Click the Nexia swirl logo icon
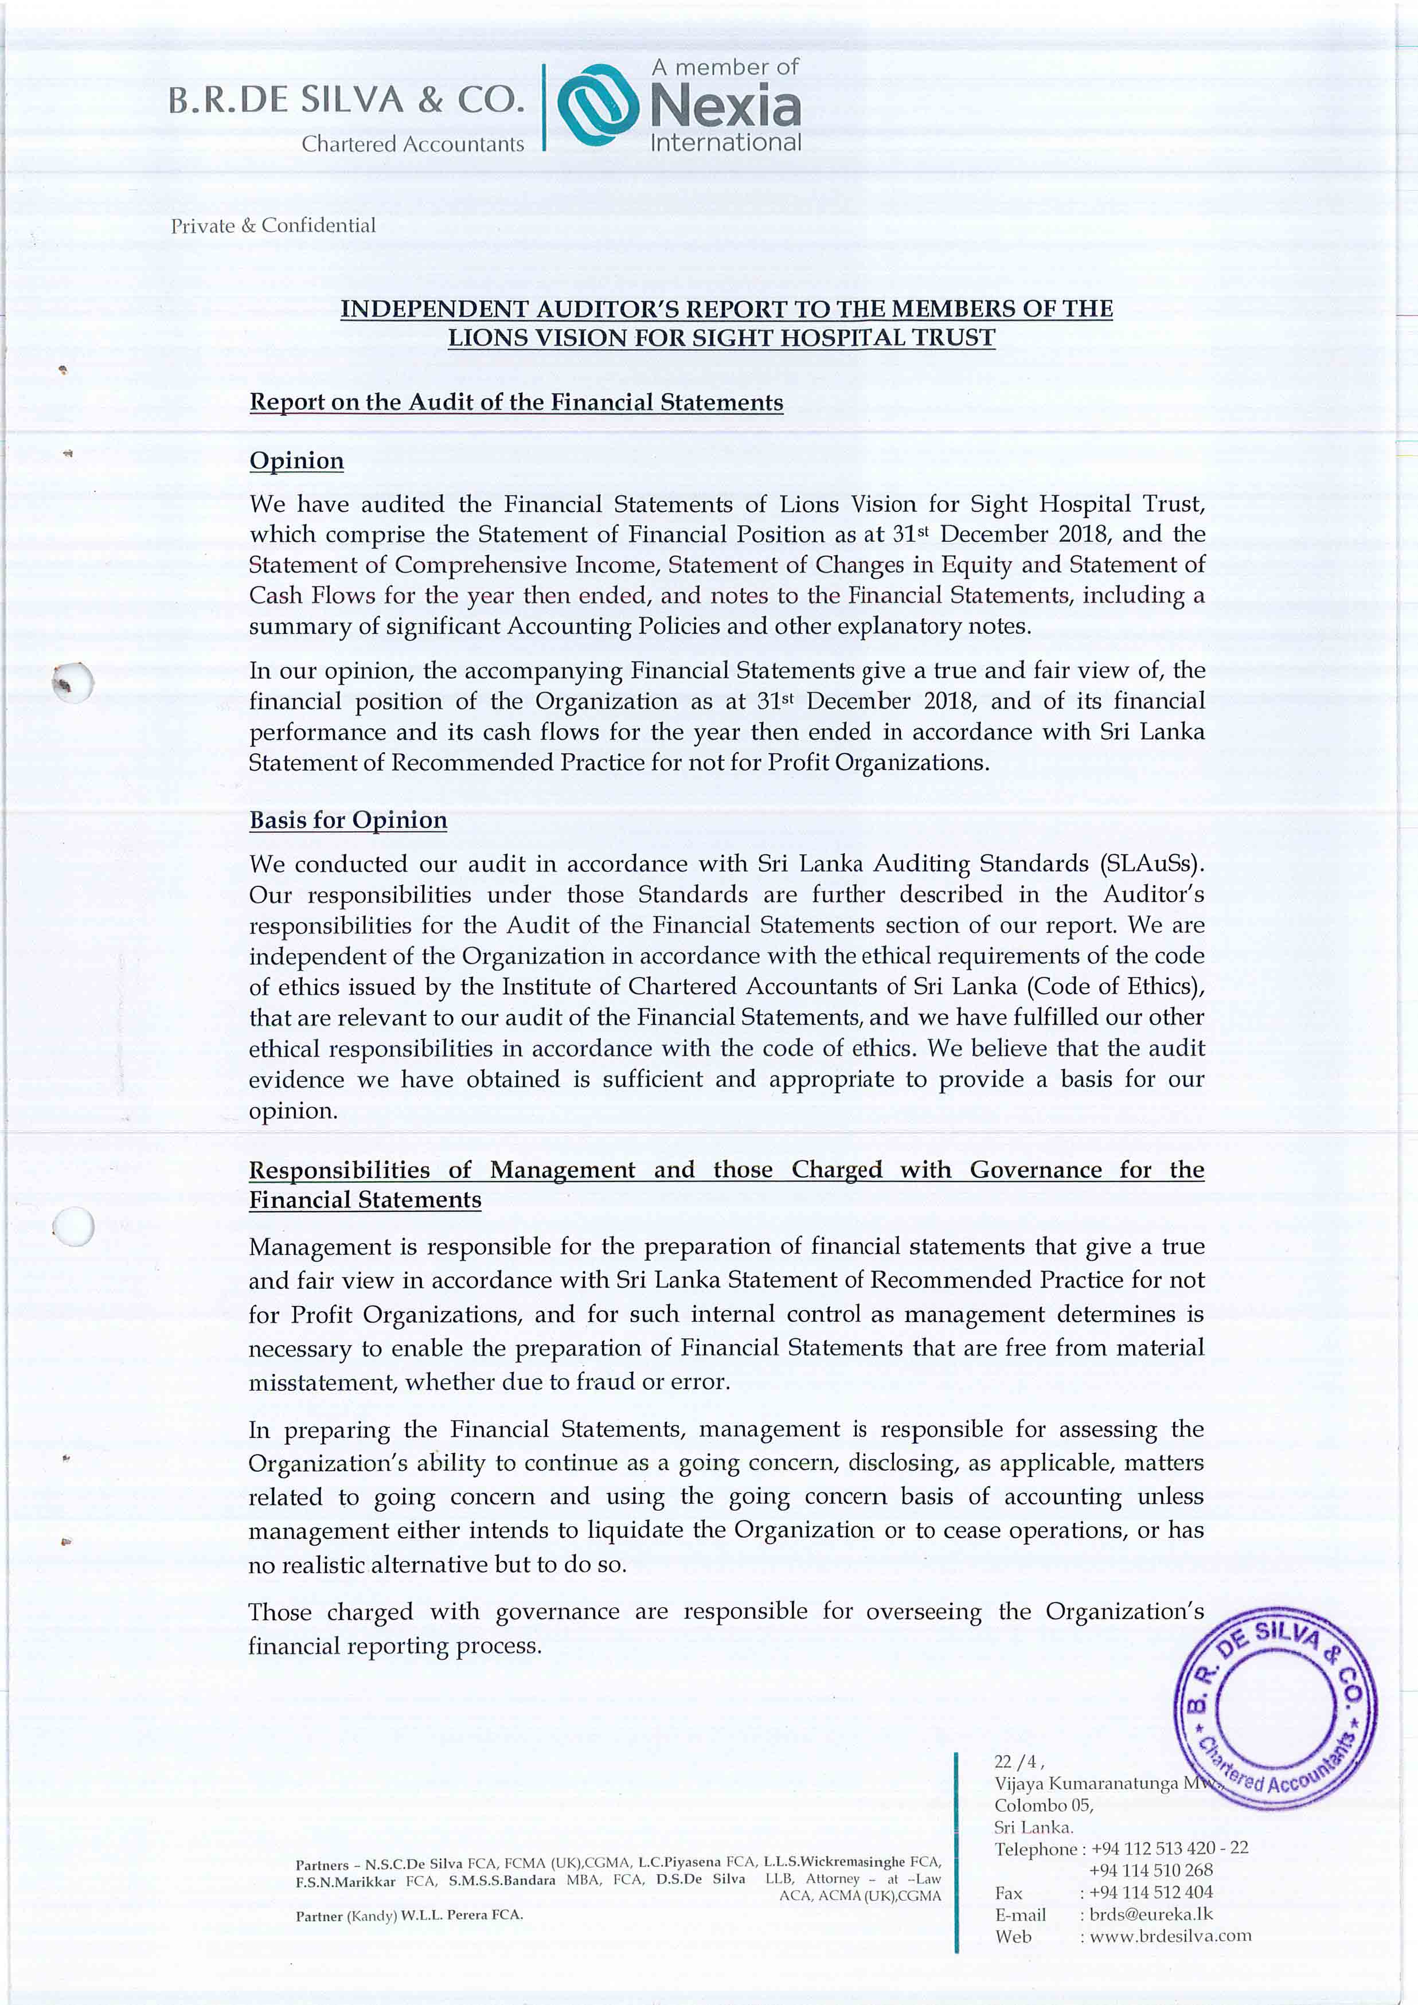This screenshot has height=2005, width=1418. pos(598,105)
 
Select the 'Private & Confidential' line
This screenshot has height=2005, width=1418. pos(274,225)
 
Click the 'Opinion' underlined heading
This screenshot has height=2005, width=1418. pos(297,461)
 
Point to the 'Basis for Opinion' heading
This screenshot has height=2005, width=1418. pos(349,820)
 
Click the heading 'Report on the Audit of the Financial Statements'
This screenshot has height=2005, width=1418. pos(516,402)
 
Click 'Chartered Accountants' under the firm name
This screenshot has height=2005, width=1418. pos(413,144)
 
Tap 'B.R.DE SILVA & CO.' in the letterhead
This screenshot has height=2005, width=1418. pos(346,100)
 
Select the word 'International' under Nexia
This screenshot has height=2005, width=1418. pos(725,142)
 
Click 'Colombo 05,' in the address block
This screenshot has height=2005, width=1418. pos(1044,1805)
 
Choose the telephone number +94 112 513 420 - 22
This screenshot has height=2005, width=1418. pos(1169,1848)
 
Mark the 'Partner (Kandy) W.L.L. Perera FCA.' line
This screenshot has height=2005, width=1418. pos(409,1915)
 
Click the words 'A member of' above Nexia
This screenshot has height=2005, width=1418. pos(725,67)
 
